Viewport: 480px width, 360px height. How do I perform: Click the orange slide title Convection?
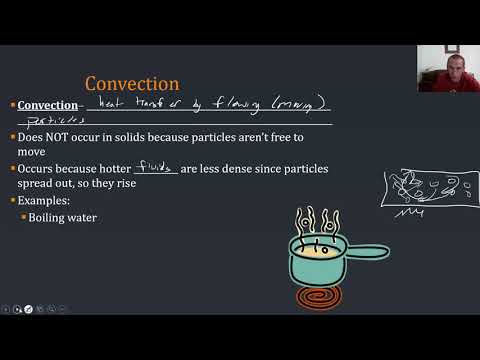(x=132, y=83)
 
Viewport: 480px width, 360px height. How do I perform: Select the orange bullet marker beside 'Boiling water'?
(x=23, y=217)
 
